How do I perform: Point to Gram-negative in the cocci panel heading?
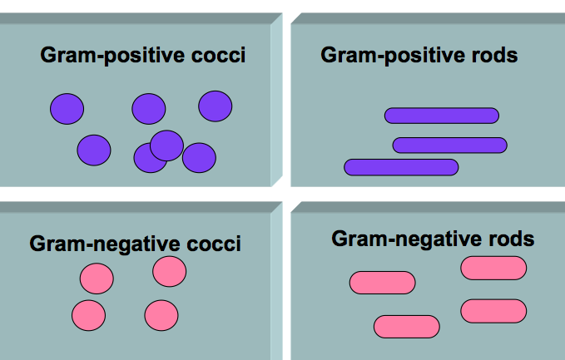point(107,244)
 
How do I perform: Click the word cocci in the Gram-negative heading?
point(214,244)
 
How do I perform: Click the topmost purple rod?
point(441,116)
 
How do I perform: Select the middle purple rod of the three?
point(449,145)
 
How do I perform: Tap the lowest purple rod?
point(401,167)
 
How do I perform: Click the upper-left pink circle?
point(97,278)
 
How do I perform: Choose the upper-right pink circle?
point(169,271)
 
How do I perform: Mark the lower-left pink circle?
point(88,315)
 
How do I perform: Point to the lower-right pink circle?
point(161,315)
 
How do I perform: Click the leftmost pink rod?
point(382,283)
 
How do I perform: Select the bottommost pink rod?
point(406,327)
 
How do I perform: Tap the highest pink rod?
point(493,268)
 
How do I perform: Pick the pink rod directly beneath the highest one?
point(493,310)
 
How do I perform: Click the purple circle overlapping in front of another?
point(166,145)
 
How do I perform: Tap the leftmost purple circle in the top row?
point(67,109)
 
